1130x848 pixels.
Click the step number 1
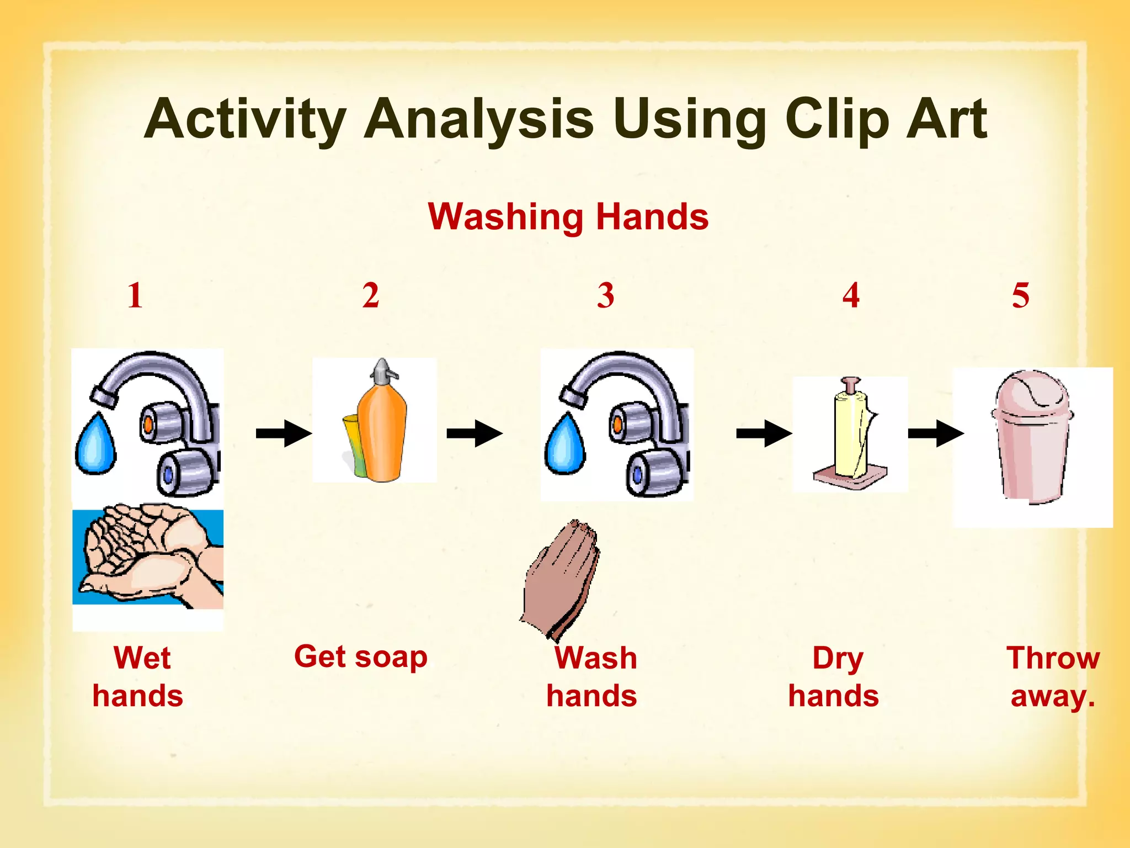[x=135, y=295]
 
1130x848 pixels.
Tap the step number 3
[x=605, y=295]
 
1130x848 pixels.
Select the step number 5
[x=1020, y=295]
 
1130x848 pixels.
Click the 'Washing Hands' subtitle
[x=568, y=216]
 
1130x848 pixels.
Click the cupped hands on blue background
[x=148, y=558]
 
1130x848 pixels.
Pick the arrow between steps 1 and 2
[x=283, y=433]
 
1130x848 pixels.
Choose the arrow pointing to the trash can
[x=935, y=433]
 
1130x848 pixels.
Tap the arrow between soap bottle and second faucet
[x=474, y=433]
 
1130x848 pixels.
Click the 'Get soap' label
[x=361, y=657]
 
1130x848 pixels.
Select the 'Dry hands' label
[x=834, y=677]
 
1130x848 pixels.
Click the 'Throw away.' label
[x=1053, y=677]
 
